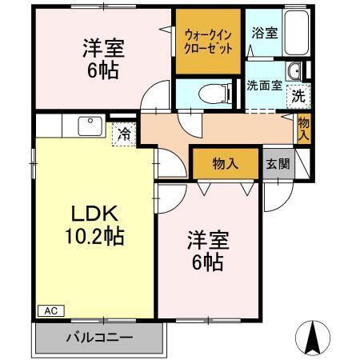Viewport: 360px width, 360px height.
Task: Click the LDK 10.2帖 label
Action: (94, 226)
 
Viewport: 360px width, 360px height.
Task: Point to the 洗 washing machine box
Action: (297, 94)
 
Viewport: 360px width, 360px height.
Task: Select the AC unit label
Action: (49, 310)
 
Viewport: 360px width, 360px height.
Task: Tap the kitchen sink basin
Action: (87, 126)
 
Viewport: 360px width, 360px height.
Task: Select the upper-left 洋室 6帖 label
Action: (101, 58)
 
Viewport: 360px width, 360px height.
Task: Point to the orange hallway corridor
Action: (216, 128)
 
